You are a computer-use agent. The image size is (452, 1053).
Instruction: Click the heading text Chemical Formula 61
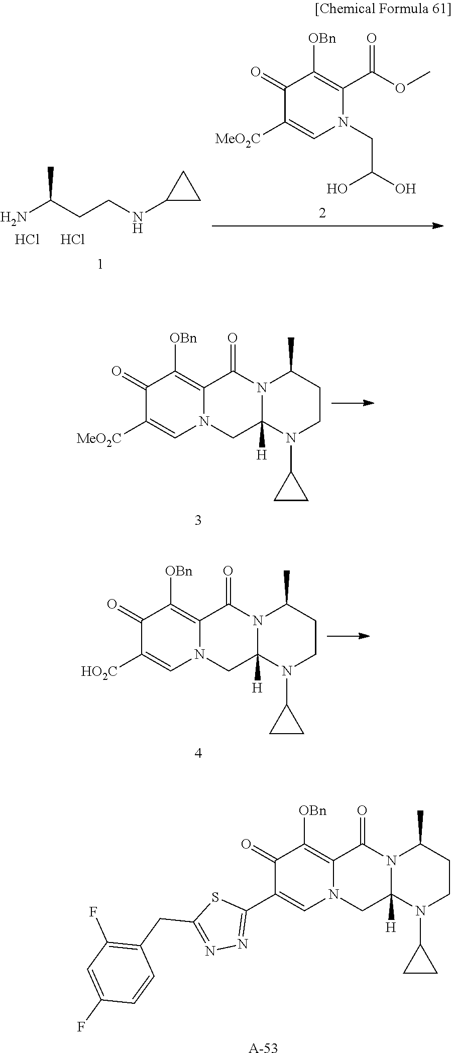382,10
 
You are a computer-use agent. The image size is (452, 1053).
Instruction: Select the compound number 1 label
100,264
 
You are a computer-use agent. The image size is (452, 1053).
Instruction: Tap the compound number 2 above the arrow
322,213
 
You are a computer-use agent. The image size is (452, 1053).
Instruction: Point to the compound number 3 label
198,520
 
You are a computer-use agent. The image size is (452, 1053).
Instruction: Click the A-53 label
263,1047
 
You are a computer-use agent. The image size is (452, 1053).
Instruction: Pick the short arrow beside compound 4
349,636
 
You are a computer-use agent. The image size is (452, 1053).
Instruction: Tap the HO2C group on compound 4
99,671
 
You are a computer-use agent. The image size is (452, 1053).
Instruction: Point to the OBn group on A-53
312,810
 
